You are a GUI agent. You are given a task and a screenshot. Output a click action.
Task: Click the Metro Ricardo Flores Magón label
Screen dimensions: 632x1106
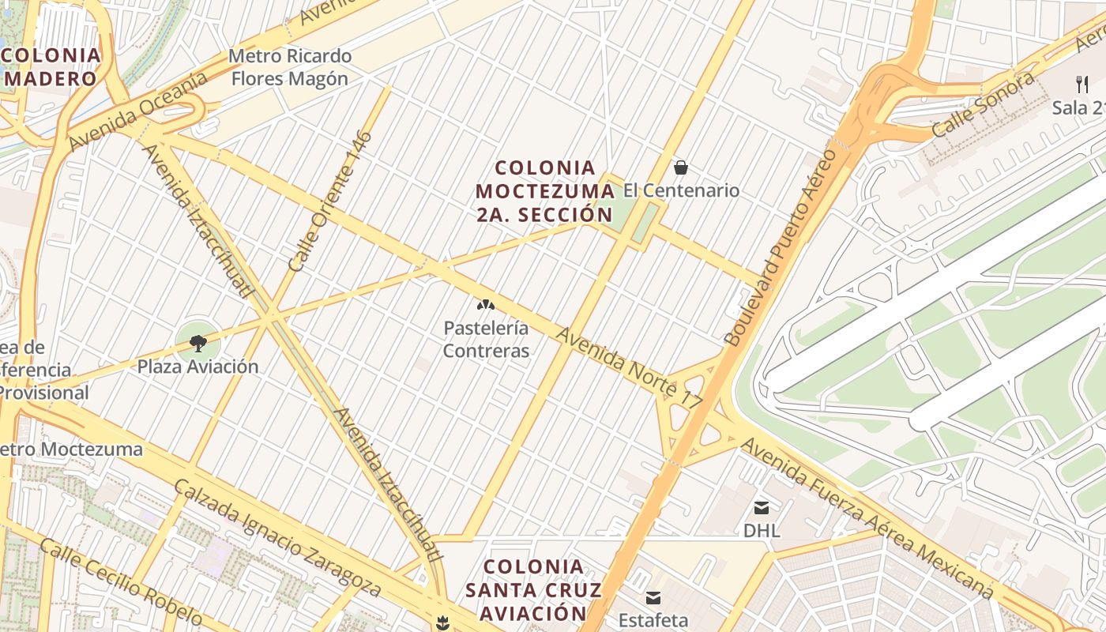(x=289, y=67)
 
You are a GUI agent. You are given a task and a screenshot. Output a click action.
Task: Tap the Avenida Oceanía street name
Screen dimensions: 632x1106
(x=137, y=111)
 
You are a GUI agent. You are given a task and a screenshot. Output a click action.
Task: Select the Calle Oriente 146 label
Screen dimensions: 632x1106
(x=330, y=201)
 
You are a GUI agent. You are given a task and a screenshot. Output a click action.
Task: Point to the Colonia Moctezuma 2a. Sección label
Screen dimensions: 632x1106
(x=545, y=191)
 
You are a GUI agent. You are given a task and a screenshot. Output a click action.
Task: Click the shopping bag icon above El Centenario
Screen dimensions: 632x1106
(x=680, y=167)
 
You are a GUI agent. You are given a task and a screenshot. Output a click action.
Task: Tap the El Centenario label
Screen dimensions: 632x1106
(x=681, y=190)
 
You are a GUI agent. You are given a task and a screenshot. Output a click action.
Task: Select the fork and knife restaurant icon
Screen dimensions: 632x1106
(x=1082, y=84)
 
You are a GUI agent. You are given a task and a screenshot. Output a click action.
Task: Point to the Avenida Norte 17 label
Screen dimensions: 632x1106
(x=629, y=368)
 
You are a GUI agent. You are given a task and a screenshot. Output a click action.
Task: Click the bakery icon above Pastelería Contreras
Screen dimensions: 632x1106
(x=485, y=305)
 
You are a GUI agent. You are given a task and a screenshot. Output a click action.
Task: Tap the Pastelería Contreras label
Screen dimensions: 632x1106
(x=486, y=339)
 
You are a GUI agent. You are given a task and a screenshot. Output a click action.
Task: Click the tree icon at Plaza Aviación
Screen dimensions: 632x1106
(x=198, y=343)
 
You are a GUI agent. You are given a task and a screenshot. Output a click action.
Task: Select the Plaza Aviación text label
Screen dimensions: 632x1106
(x=198, y=367)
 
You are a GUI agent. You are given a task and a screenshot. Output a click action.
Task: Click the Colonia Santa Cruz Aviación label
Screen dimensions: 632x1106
(x=533, y=589)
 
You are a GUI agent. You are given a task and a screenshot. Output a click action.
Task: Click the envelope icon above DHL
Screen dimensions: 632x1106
(x=762, y=507)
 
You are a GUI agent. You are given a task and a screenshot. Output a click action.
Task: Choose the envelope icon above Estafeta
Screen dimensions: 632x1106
(x=653, y=597)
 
